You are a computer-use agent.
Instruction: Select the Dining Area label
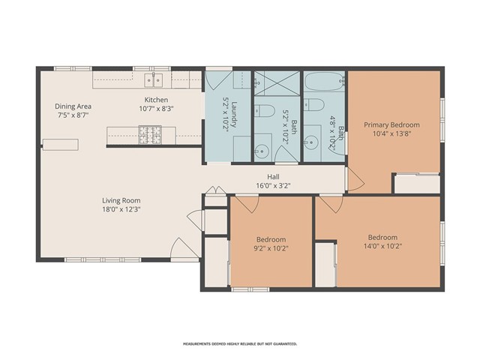coord(73,106)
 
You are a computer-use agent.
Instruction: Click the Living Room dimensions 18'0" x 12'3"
coord(121,210)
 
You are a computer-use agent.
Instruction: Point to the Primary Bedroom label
coord(391,124)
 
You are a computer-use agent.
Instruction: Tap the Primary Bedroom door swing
coord(354,178)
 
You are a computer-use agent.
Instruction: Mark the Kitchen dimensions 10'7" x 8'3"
coord(156,109)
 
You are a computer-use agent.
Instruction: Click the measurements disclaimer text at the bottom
coord(240,343)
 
